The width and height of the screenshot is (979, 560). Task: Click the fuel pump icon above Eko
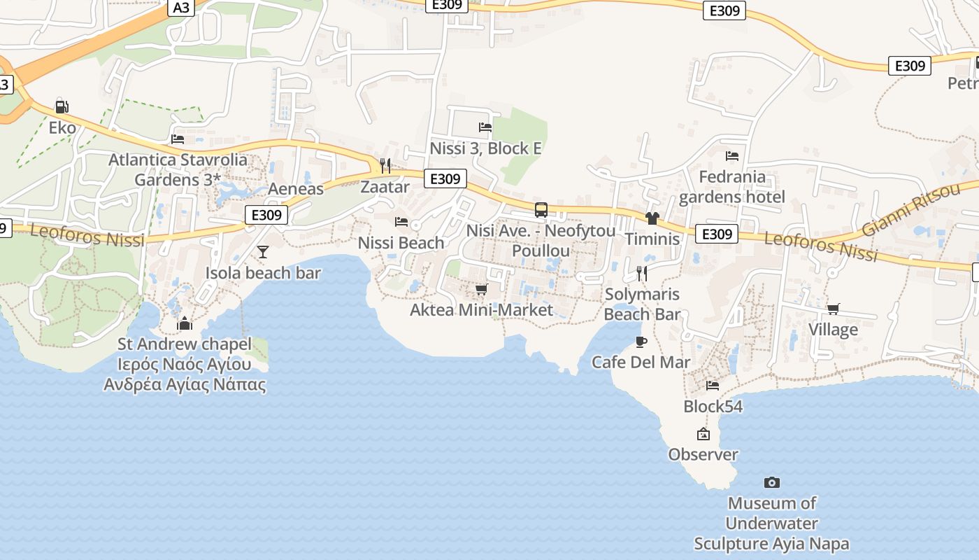62,107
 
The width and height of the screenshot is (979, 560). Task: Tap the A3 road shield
180,8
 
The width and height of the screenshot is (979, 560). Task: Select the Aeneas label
296,189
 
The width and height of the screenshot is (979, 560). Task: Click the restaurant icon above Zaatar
385,165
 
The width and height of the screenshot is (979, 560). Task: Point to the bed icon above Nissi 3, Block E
485,127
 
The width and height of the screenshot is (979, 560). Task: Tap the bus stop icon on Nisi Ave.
541,209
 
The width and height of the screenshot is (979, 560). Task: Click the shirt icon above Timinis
652,218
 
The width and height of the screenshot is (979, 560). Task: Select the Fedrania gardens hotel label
731,187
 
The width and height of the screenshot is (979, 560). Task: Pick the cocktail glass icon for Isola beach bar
263,252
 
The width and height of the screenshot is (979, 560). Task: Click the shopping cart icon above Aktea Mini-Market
481,289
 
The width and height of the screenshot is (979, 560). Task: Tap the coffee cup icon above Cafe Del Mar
641,342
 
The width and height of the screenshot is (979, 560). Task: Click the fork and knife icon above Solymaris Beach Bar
642,273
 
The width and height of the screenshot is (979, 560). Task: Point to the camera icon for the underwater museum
771,482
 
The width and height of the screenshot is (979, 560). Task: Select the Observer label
703,454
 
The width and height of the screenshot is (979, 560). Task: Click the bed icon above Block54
713,385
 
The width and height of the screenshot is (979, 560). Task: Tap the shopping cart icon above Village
833,309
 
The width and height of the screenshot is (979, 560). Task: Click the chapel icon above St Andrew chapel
185,323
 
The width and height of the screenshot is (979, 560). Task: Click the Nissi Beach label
401,243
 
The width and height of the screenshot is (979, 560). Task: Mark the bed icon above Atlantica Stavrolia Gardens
178,139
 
